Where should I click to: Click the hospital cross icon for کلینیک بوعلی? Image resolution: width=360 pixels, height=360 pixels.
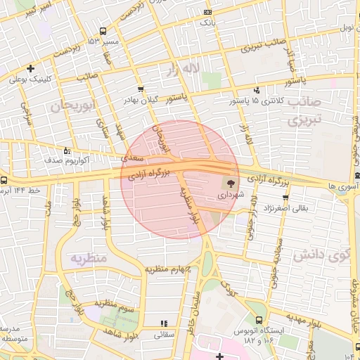pos(30,68)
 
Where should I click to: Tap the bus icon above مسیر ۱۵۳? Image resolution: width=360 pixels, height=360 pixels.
pos(103,31)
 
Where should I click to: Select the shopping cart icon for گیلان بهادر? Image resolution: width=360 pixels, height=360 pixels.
pos(141,89)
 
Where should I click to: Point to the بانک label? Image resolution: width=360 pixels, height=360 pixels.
pos(207,22)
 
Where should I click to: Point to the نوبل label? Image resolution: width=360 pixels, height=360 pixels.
pos(345,28)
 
